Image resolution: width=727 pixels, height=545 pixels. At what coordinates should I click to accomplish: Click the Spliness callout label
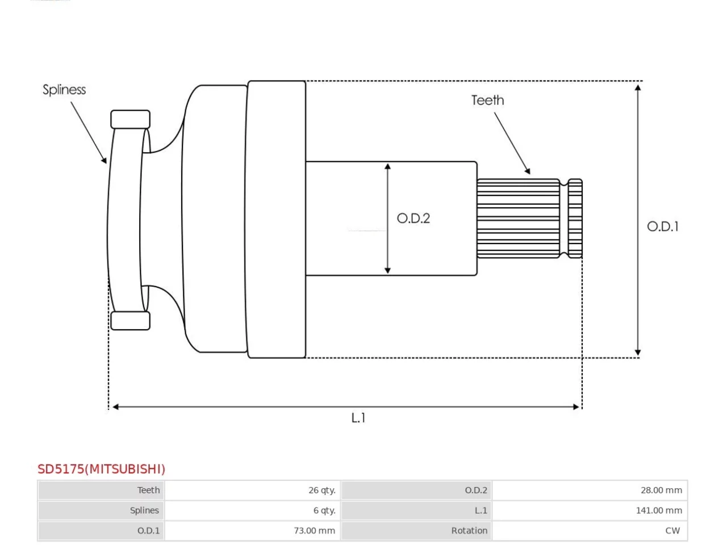point(64,89)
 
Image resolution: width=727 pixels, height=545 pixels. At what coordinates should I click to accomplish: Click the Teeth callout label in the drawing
point(487,100)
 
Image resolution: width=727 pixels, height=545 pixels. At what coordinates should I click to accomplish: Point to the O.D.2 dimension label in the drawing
point(413,218)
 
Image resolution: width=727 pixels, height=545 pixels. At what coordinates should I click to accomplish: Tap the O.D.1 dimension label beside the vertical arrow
point(662,227)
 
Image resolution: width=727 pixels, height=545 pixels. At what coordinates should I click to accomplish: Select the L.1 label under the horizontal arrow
point(358,418)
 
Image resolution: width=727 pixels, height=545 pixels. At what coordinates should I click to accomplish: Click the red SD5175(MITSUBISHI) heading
point(101,469)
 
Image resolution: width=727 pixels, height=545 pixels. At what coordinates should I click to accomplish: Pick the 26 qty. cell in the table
point(321,490)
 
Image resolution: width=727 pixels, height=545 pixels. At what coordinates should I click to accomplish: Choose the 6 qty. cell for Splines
point(324,510)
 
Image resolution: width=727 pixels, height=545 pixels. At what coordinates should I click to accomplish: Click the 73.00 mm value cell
point(314,530)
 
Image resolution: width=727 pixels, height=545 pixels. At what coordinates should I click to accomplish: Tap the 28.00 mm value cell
point(661,490)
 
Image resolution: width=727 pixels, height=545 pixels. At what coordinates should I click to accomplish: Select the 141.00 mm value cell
point(658,510)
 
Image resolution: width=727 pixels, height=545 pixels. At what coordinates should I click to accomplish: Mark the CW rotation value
point(672,530)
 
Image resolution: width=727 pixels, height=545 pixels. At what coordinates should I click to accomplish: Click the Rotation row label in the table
point(469,530)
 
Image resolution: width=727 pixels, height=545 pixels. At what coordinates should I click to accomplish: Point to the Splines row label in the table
point(144,510)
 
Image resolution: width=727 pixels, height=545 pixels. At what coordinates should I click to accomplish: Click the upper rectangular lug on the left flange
point(130,119)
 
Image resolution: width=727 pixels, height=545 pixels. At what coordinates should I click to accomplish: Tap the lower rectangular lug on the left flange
point(130,320)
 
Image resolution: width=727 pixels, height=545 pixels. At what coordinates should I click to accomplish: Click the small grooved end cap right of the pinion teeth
point(575,219)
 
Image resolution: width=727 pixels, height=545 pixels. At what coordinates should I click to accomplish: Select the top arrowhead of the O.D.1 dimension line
point(638,87)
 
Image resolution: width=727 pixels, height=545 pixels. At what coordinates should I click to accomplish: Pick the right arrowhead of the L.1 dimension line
point(576,406)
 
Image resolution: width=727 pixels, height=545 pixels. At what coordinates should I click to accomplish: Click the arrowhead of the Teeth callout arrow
point(528,171)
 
